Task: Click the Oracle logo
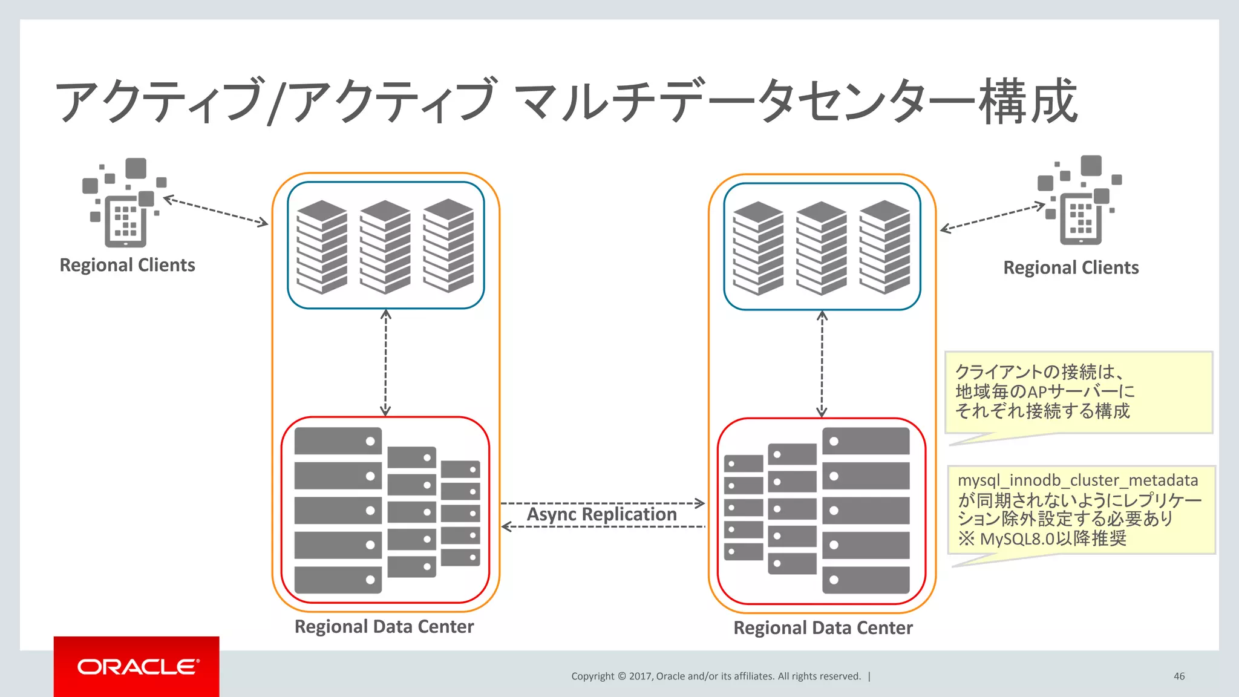137,667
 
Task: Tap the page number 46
1179,676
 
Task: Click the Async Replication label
601,514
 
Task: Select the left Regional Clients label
127,265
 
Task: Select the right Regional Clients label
1070,267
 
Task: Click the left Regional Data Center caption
384,626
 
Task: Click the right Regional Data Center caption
822,628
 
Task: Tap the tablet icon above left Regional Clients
125,220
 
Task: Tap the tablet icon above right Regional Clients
1080,218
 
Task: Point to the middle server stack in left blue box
385,247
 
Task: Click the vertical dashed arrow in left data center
385,363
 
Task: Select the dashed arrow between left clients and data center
215,211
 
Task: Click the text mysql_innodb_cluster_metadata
1077,480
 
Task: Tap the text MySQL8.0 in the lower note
1016,538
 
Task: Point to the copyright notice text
715,676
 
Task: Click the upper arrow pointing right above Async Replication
603,503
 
